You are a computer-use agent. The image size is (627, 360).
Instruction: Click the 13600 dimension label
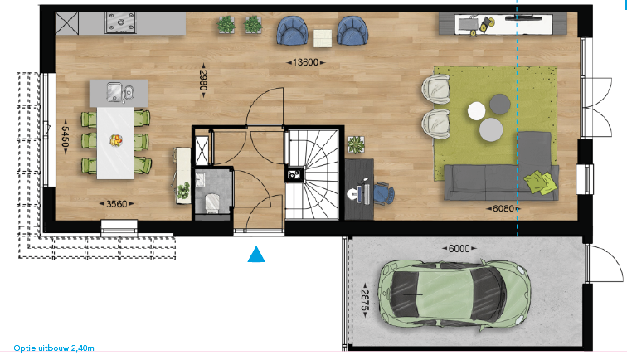click(306, 62)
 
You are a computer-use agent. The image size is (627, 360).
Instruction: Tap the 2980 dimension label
click(203, 80)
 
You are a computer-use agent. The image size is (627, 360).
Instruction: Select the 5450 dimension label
click(66, 137)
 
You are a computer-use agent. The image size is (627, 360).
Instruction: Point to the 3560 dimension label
click(117, 204)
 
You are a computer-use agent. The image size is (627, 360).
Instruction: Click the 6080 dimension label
click(503, 208)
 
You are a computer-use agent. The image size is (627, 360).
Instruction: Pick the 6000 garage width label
click(459, 248)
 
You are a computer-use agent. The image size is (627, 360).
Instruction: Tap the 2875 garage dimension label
click(365, 300)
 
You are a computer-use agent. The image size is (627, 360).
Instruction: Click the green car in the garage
click(454, 295)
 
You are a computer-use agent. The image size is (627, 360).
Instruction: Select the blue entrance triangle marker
click(256, 255)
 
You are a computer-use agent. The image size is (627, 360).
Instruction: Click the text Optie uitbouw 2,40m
click(54, 348)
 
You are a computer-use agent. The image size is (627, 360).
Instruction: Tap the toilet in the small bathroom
click(212, 202)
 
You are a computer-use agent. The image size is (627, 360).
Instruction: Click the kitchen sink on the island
click(120, 92)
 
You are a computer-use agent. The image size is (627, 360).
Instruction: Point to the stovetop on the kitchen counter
click(120, 22)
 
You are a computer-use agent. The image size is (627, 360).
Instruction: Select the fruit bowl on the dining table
click(116, 140)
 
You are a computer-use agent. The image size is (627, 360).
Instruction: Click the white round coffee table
click(477, 111)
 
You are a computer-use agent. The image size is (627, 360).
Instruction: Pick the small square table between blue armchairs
click(323, 39)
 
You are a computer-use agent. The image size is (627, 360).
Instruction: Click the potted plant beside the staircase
click(356, 144)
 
